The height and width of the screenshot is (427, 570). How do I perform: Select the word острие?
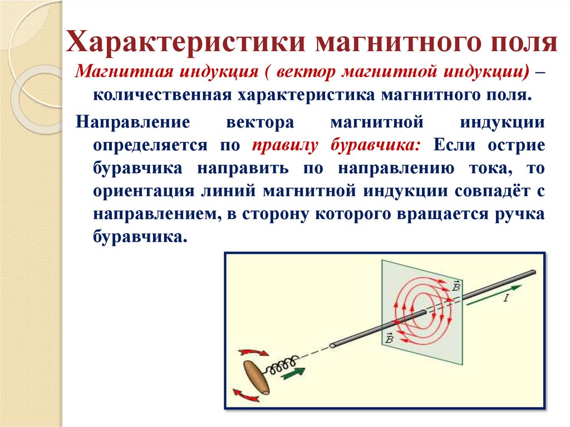tap(514, 145)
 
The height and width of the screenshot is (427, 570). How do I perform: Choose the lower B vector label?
tap(387, 337)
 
